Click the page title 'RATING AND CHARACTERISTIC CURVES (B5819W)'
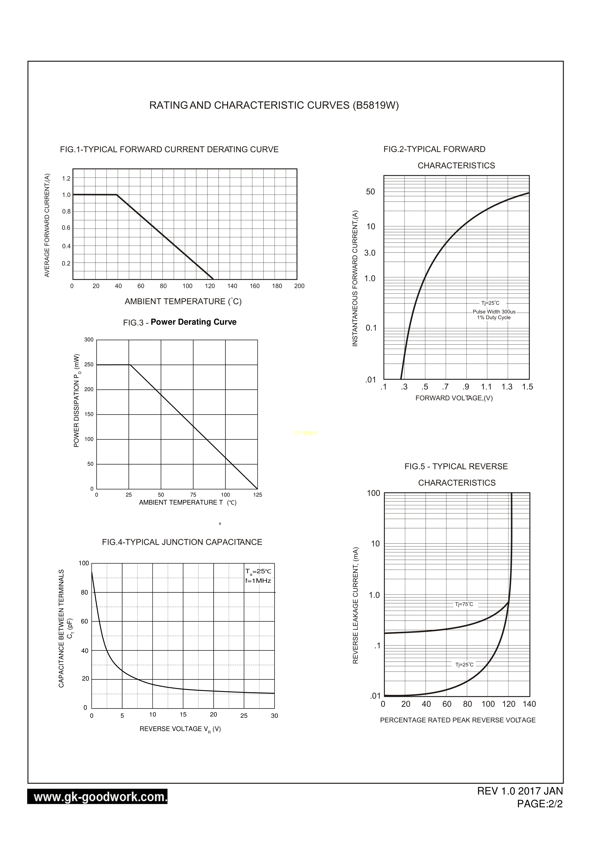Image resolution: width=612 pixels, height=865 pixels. [x=274, y=106]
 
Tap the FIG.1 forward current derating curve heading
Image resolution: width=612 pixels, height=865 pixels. [x=169, y=150]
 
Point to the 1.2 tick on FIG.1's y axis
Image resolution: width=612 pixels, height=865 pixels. [x=66, y=178]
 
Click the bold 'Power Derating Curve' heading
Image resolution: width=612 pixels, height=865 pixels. [x=193, y=322]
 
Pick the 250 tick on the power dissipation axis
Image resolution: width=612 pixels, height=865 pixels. [x=89, y=365]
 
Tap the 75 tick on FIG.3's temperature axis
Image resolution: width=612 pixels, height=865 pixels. [x=193, y=495]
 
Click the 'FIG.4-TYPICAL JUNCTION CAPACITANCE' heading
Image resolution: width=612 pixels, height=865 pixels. [x=182, y=542]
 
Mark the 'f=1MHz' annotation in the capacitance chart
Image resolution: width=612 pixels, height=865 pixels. [x=258, y=581]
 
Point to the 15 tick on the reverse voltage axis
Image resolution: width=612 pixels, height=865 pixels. [x=183, y=715]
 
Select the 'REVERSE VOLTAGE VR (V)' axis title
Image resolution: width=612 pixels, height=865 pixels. [x=180, y=729]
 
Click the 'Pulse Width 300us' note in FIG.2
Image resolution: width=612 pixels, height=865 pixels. [x=494, y=312]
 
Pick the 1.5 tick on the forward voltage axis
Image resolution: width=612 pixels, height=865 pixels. [x=527, y=387]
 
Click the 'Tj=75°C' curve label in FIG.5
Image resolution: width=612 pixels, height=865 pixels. [x=464, y=604]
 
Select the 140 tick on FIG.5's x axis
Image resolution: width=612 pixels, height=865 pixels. [x=529, y=704]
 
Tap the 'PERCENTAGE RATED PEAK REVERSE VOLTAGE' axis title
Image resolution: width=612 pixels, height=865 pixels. [x=458, y=720]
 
